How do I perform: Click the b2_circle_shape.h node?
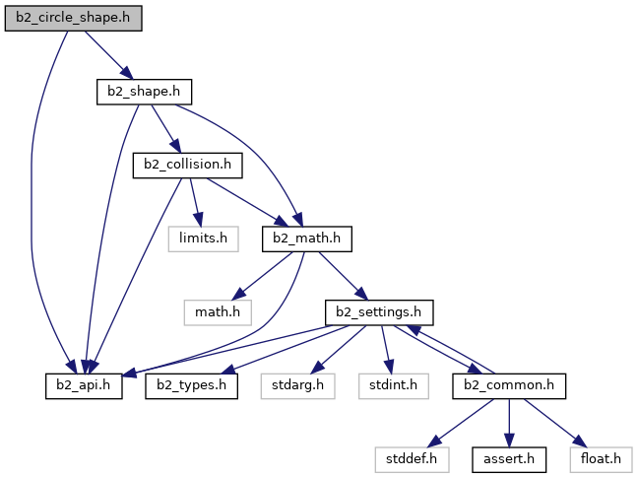tap(74, 19)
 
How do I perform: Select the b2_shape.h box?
tap(143, 92)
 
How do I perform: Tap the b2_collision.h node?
tap(187, 165)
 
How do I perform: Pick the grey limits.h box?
tap(203, 238)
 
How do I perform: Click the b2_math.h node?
tap(306, 238)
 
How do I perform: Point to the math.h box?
tap(216, 311)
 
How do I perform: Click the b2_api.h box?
tap(83, 384)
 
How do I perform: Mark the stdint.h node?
tap(394, 384)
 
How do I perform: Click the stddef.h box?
tap(412, 457)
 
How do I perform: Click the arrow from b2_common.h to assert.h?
tap(509, 421)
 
